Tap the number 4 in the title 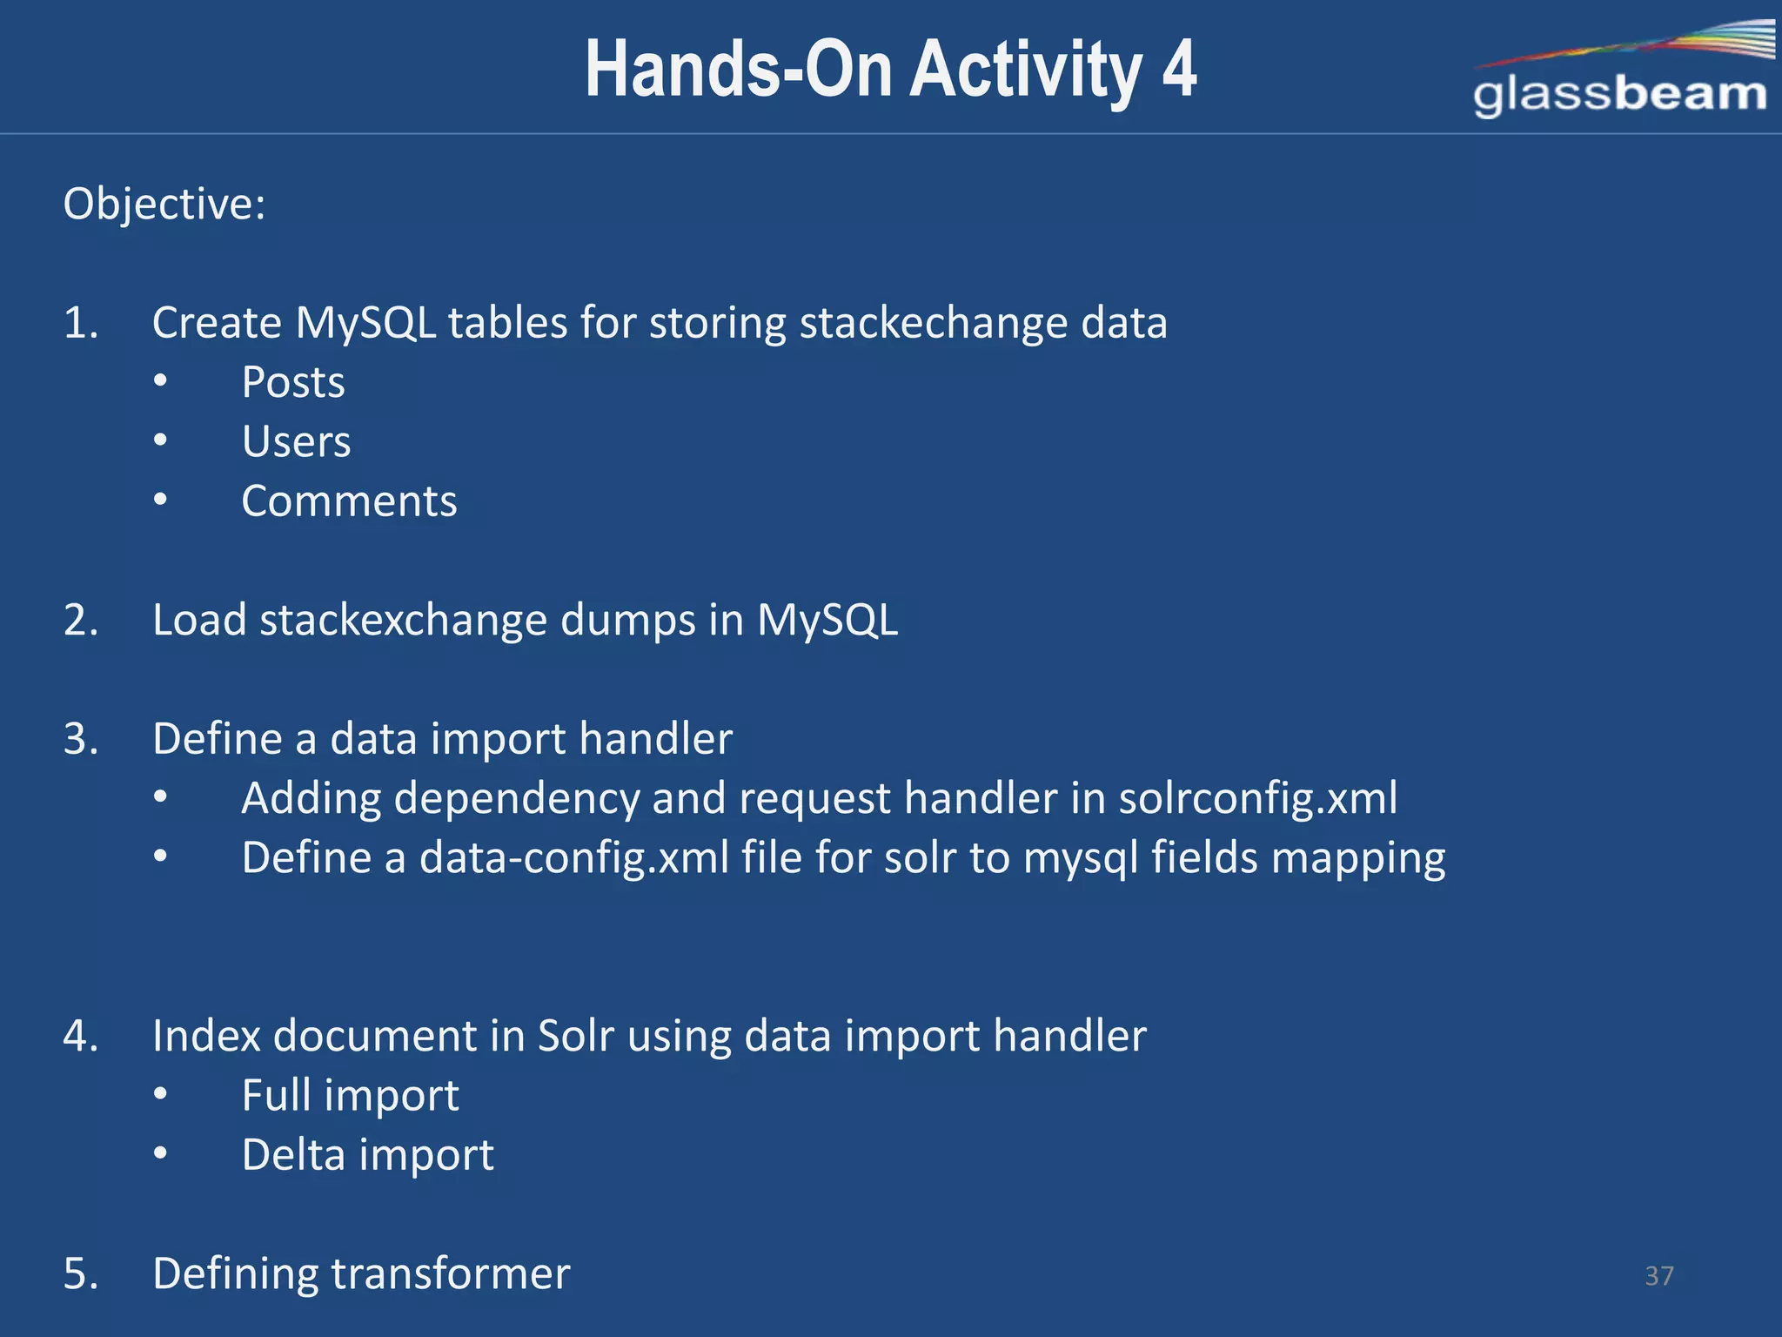pos(1179,70)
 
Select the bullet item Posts pos(293,382)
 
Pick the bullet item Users pos(296,442)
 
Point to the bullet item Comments pos(349,501)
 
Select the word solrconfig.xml pos(1257,798)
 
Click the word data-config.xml pos(574,857)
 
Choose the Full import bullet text pos(350,1095)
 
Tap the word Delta pos(293,1155)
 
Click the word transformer pos(451,1273)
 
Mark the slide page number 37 pos(1659,1276)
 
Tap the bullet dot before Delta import pos(160,1154)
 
